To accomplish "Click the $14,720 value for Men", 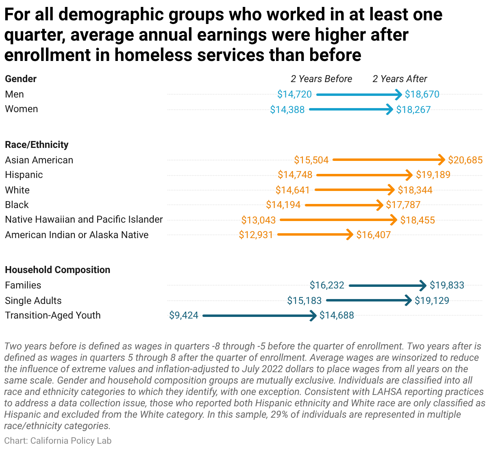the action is point(294,94).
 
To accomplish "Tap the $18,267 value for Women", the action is point(413,110).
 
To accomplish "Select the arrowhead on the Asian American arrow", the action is point(442,160).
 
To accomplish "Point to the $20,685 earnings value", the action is point(465,160).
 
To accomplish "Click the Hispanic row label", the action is point(24,175).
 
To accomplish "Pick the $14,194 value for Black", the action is point(283,205).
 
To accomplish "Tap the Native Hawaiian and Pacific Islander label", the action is point(84,219).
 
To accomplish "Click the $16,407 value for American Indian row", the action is point(373,235).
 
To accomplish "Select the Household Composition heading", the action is point(58,270).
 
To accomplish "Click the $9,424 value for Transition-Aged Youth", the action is point(184,315).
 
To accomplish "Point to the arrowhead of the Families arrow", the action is point(423,286).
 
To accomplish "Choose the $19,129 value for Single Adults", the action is point(432,301).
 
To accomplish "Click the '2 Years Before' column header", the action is point(321,79).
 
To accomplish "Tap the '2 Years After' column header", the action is point(400,79).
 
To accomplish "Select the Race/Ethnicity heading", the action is point(37,145).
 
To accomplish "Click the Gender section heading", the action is point(21,79).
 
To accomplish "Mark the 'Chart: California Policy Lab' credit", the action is point(58,440).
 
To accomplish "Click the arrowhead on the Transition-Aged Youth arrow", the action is point(313,316).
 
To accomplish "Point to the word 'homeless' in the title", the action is point(153,54).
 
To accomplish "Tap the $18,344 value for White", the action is point(415,190).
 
